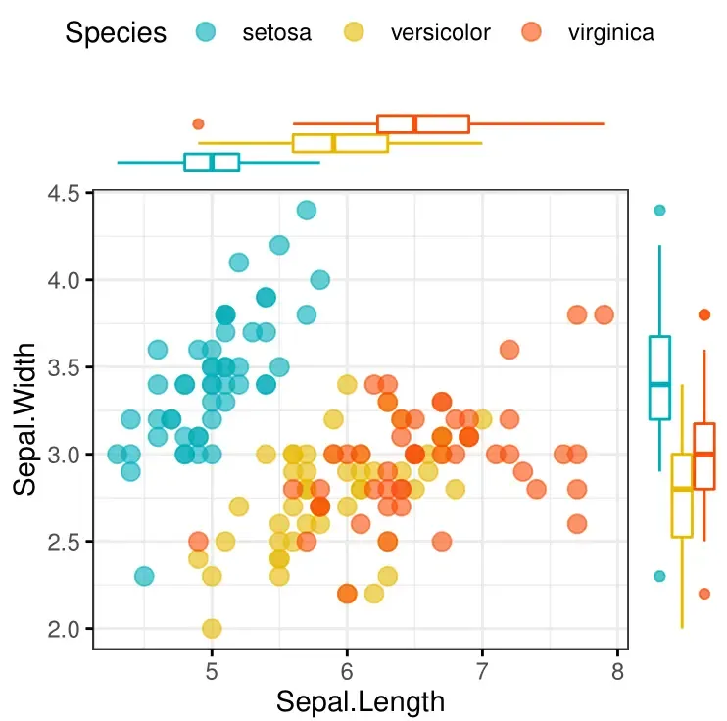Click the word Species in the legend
pyautogui.click(x=116, y=32)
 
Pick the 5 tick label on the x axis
pyautogui.click(x=212, y=672)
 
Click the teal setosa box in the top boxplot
pyautogui.click(x=212, y=162)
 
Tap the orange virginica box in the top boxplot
pyautogui.click(x=423, y=123)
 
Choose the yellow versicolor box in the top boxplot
pyautogui.click(x=340, y=143)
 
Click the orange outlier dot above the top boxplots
pyautogui.click(x=198, y=123)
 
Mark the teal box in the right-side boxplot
pyautogui.click(x=659, y=378)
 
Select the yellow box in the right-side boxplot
pyautogui.click(x=682, y=496)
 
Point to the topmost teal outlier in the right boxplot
pyautogui.click(x=659, y=210)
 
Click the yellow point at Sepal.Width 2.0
pyautogui.click(x=212, y=628)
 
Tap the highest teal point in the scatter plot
pyautogui.click(x=307, y=210)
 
